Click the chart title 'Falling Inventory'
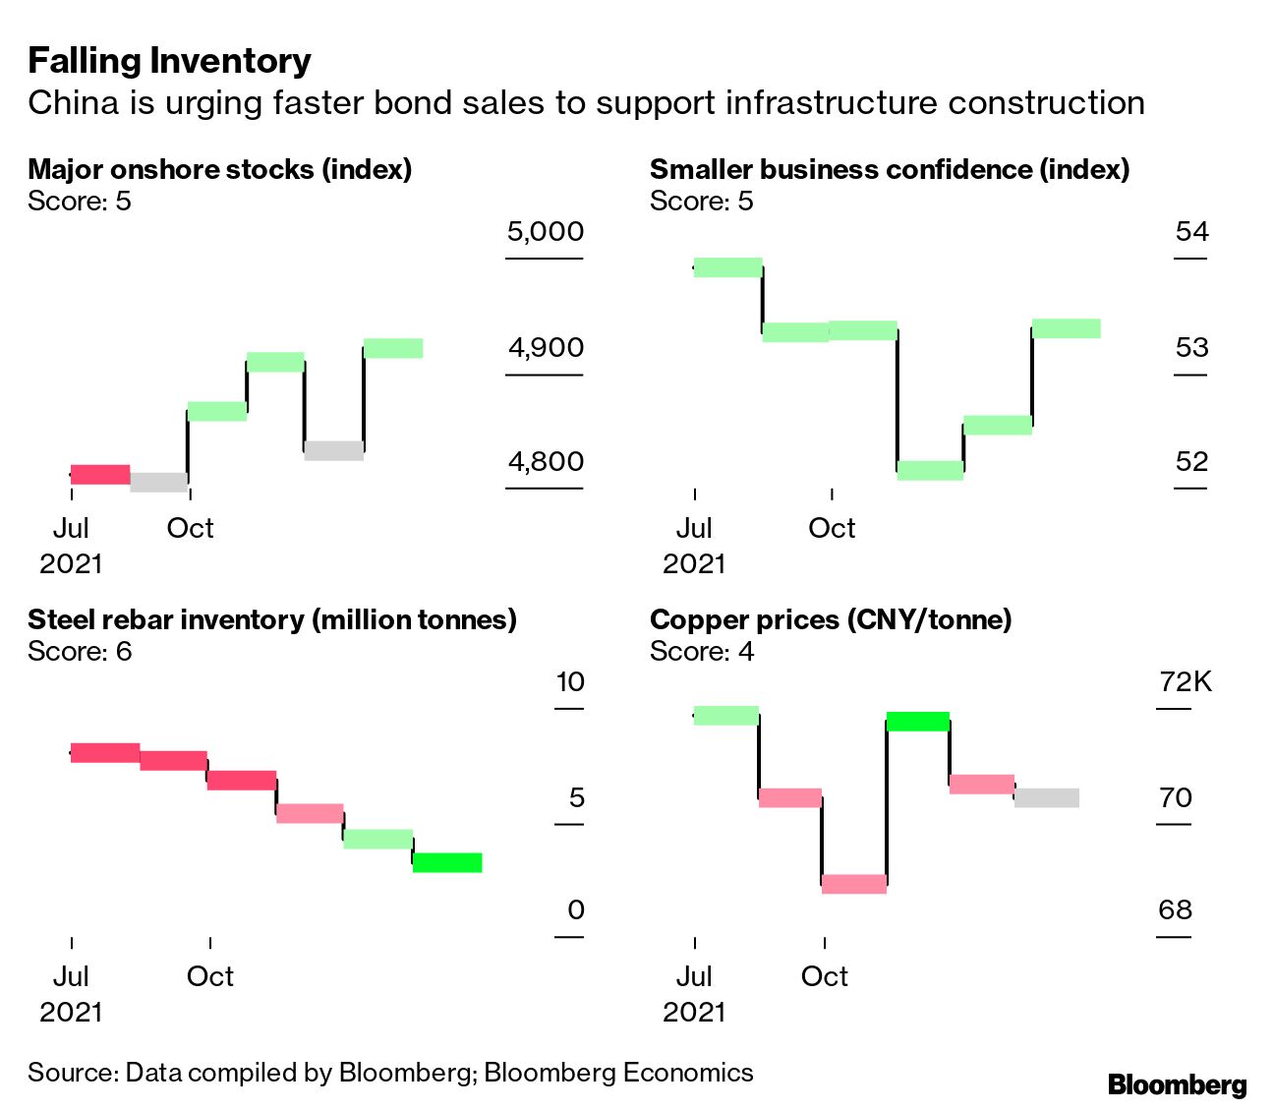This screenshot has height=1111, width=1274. (169, 61)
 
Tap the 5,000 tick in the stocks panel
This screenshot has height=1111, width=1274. (546, 232)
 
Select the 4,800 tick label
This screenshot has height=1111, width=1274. (546, 461)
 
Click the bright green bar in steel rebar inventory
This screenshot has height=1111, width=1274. (447, 862)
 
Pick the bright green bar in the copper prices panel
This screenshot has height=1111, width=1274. (918, 722)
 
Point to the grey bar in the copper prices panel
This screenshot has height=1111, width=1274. (1047, 797)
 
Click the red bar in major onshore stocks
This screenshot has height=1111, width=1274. (100, 475)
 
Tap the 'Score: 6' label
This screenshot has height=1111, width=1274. (80, 652)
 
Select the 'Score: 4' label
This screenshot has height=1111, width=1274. (702, 652)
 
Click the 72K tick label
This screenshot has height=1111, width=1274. (1186, 681)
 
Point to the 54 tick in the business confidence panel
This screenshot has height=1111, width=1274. (1191, 232)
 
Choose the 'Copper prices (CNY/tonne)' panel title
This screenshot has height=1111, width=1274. (831, 620)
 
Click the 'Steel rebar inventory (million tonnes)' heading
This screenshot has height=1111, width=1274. (272, 620)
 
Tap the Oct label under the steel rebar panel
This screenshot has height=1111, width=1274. (210, 976)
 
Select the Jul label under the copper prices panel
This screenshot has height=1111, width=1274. (694, 976)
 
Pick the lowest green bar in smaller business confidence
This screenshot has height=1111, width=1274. (930, 470)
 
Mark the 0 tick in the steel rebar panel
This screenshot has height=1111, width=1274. (576, 910)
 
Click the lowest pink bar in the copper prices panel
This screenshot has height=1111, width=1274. (854, 884)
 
